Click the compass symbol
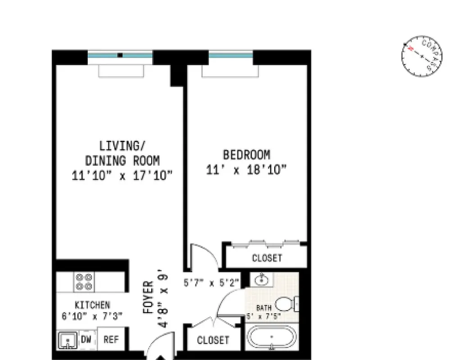(x=421, y=56)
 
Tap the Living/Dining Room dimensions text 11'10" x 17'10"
(x=122, y=175)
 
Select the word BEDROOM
(x=247, y=155)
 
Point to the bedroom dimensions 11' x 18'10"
(x=247, y=170)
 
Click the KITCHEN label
(x=92, y=305)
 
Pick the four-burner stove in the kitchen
(x=84, y=282)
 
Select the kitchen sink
(x=68, y=341)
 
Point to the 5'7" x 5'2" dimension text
(x=211, y=283)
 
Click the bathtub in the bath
(x=271, y=337)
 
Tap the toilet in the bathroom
(x=285, y=304)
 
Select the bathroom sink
(x=261, y=280)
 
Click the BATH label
(x=264, y=308)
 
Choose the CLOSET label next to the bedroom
(x=267, y=258)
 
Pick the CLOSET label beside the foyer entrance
(x=213, y=340)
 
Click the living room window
(x=120, y=55)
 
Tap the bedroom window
(x=231, y=55)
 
